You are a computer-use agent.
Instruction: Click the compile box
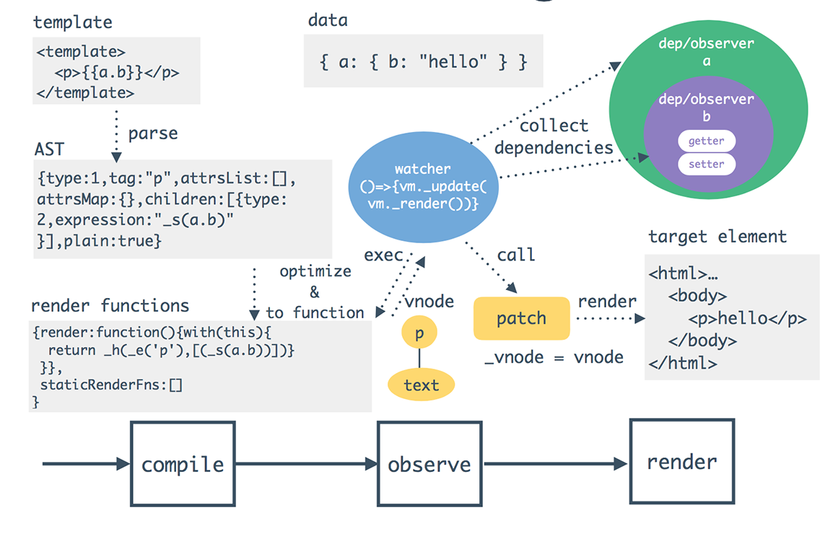coord(183,463)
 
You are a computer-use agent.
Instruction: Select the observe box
coord(429,463)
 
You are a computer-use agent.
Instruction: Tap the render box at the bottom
coord(682,462)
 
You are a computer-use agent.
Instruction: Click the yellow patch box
coord(521,318)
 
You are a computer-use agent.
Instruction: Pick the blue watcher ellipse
coord(422,187)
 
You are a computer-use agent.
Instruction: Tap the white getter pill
coord(706,141)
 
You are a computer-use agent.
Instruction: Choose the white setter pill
coord(706,165)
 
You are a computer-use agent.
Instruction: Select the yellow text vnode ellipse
coord(422,385)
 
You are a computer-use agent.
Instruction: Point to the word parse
coord(153,133)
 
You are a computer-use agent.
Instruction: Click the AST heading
coord(49,149)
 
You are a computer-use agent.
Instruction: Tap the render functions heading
coord(110,305)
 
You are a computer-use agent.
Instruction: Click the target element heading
coord(718,237)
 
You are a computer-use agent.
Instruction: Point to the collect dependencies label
coord(554,136)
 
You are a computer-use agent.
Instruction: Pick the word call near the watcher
coord(515,255)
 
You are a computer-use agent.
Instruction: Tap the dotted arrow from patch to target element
coord(606,318)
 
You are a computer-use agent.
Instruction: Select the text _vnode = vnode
coord(554,357)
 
